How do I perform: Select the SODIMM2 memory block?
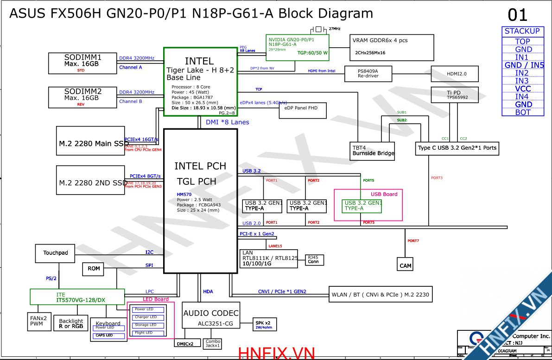(x=82, y=97)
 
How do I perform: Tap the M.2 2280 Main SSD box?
(x=90, y=143)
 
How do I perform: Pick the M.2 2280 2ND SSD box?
(x=90, y=183)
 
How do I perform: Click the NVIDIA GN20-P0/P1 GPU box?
(x=298, y=47)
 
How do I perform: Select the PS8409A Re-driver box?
(x=368, y=74)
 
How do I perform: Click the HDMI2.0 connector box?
(x=455, y=74)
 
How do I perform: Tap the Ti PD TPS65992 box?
(x=455, y=95)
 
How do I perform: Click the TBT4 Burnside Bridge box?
(x=373, y=151)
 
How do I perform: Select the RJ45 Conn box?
(x=314, y=259)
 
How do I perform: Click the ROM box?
(x=94, y=269)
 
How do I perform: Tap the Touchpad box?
(x=56, y=253)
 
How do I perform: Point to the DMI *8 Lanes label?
(x=228, y=122)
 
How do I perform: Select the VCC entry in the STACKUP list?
(x=523, y=88)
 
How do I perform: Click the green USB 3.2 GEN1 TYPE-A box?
(x=362, y=206)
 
